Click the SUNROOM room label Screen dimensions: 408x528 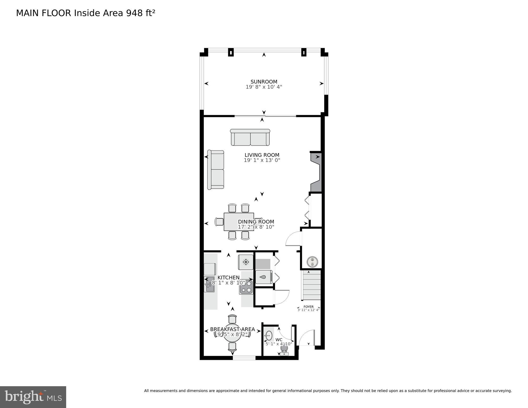click(264, 82)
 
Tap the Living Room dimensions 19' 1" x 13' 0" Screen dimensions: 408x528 click(262, 160)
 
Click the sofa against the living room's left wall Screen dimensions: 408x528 click(216, 170)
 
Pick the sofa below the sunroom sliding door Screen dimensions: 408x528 click(250, 137)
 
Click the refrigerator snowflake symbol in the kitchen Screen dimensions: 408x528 click(246, 262)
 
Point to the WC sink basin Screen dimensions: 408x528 click(269, 336)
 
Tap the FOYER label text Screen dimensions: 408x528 click(308, 306)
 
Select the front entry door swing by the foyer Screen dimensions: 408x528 click(307, 338)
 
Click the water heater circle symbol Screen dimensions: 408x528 click(312, 262)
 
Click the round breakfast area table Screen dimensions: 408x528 click(232, 333)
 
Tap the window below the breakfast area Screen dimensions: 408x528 click(244, 358)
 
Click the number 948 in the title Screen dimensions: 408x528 click(134, 13)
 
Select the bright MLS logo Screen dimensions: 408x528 click(33, 397)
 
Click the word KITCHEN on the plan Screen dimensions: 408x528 click(229, 277)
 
